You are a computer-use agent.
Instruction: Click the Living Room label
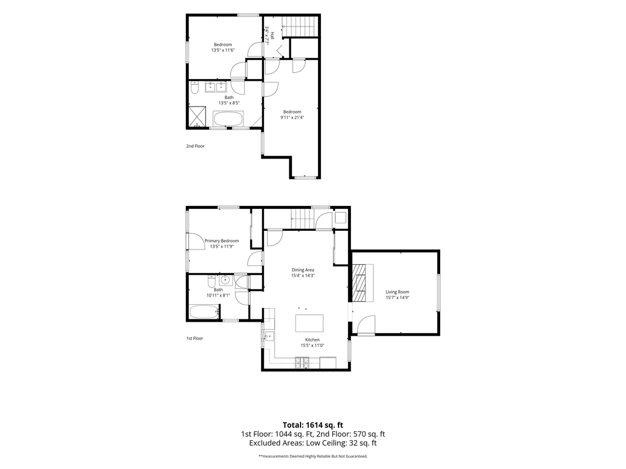[x=397, y=292]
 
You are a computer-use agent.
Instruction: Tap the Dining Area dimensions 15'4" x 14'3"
[x=303, y=275]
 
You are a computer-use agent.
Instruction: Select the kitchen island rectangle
[x=310, y=323]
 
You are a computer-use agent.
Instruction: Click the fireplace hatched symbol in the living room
[x=359, y=283]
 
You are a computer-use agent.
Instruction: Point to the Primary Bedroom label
[x=221, y=241]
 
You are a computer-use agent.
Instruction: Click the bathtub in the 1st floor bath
[x=203, y=312]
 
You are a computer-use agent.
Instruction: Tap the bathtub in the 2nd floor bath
[x=228, y=119]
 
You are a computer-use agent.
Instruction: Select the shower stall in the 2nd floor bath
[x=198, y=116]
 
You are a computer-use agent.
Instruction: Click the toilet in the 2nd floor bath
[x=195, y=87]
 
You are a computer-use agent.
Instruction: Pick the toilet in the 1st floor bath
[x=212, y=282]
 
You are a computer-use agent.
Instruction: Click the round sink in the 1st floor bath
[x=225, y=280]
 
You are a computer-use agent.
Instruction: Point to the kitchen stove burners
[x=302, y=362]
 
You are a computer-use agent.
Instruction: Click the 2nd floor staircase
[x=301, y=27]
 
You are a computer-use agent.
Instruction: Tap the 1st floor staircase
[x=303, y=220]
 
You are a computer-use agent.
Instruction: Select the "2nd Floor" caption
[x=195, y=146]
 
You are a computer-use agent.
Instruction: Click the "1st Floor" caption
[x=195, y=338]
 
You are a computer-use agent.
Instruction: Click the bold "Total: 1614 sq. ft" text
[x=313, y=425]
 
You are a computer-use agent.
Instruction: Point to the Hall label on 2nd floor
[x=272, y=36]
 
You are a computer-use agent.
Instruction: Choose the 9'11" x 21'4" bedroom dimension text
[x=292, y=117]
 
